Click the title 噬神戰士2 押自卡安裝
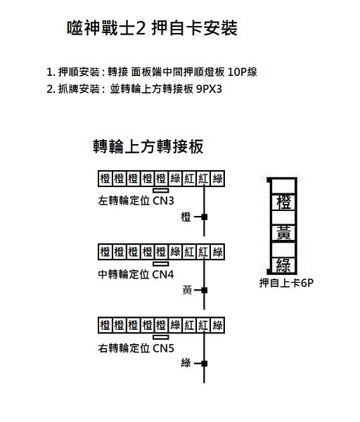(x=152, y=27)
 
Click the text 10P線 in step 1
(x=242, y=72)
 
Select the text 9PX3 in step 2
(x=209, y=89)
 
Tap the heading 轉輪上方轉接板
(x=148, y=146)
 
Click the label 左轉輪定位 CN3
(x=136, y=200)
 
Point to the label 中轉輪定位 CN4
(x=136, y=274)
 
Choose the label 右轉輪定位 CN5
(x=136, y=348)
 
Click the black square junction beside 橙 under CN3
(x=204, y=217)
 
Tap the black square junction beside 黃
(x=204, y=290)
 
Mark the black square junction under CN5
(x=204, y=364)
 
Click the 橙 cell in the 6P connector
(x=283, y=202)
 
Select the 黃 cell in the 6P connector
(x=283, y=233)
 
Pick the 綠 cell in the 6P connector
(x=283, y=265)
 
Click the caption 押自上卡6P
(x=286, y=283)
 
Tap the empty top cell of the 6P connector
(x=283, y=186)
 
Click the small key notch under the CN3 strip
(x=161, y=191)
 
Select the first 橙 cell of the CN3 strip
(x=105, y=179)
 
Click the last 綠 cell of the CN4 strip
(x=217, y=252)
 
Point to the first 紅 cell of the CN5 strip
(x=189, y=326)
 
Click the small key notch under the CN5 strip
(x=161, y=337)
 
